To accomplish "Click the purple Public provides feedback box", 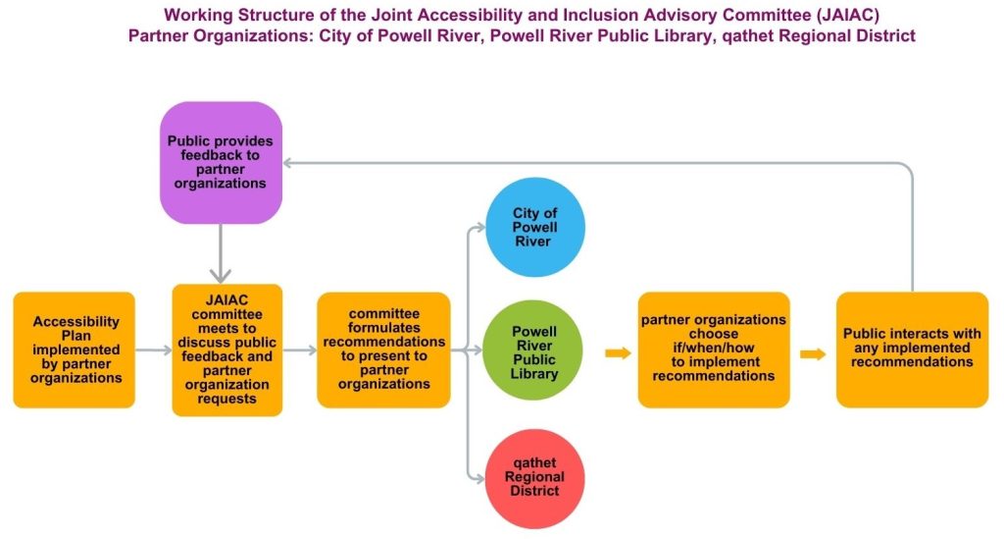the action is pyautogui.click(x=221, y=162).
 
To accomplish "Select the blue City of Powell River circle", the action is pyautogui.click(x=535, y=227).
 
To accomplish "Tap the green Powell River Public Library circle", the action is pyautogui.click(x=532, y=350).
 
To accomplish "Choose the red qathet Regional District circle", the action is pyautogui.click(x=534, y=478).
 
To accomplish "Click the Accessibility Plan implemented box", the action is pyautogui.click(x=75, y=350).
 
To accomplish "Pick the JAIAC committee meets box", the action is pyautogui.click(x=227, y=350).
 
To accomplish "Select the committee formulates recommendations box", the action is pyautogui.click(x=383, y=350).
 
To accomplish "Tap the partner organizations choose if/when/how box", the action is pyautogui.click(x=714, y=350).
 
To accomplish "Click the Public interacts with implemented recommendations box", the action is pyautogui.click(x=913, y=350).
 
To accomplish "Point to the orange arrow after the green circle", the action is pyautogui.click(x=619, y=353).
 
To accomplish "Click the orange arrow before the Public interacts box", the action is pyautogui.click(x=813, y=353).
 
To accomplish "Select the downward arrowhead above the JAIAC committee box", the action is pyautogui.click(x=221, y=276).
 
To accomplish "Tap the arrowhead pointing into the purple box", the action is pyautogui.click(x=288, y=163).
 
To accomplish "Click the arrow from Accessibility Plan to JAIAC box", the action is pyautogui.click(x=154, y=350).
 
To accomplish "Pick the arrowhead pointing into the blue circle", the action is pyautogui.click(x=480, y=227).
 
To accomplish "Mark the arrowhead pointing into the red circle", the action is pyautogui.click(x=479, y=478).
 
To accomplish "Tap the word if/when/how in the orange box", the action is pyautogui.click(x=714, y=348).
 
